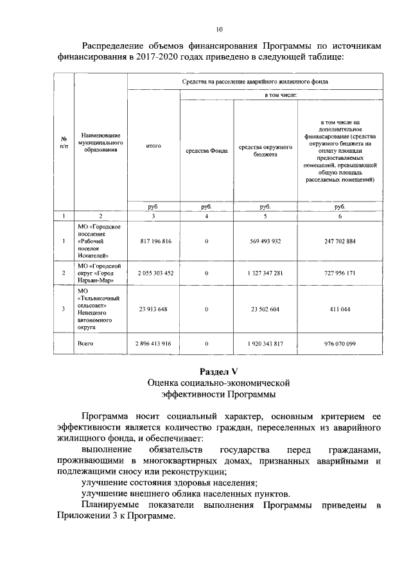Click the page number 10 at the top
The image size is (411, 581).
[219, 30]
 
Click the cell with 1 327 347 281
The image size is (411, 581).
[265, 273]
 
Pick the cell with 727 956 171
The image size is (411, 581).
[340, 273]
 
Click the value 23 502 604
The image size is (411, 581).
[265, 309]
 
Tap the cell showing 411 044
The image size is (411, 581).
[340, 309]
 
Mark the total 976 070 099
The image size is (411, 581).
[340, 343]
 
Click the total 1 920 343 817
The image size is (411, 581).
[265, 343]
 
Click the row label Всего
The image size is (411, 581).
[85, 343]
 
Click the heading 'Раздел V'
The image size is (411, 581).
[219, 370]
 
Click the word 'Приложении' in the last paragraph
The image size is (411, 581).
[85, 516]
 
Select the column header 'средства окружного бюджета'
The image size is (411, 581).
[265, 151]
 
